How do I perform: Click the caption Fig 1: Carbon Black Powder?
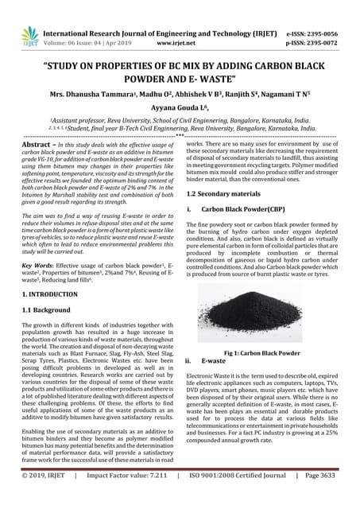[x=273, y=352]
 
